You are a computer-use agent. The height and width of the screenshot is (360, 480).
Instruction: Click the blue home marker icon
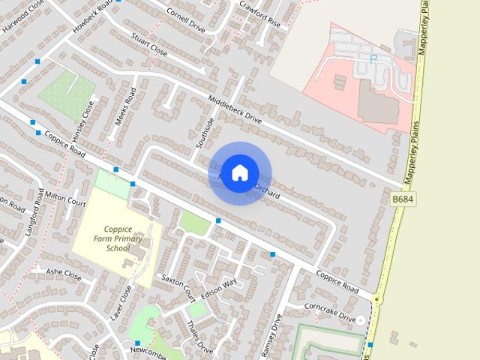239,172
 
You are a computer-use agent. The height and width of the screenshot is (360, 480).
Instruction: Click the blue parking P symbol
373,58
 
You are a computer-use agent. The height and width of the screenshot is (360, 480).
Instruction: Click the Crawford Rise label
259,14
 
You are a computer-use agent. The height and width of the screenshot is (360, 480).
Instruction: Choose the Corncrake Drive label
330,313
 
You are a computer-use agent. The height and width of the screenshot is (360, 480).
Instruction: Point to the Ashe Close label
64,274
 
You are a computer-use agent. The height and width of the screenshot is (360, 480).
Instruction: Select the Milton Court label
66,202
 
